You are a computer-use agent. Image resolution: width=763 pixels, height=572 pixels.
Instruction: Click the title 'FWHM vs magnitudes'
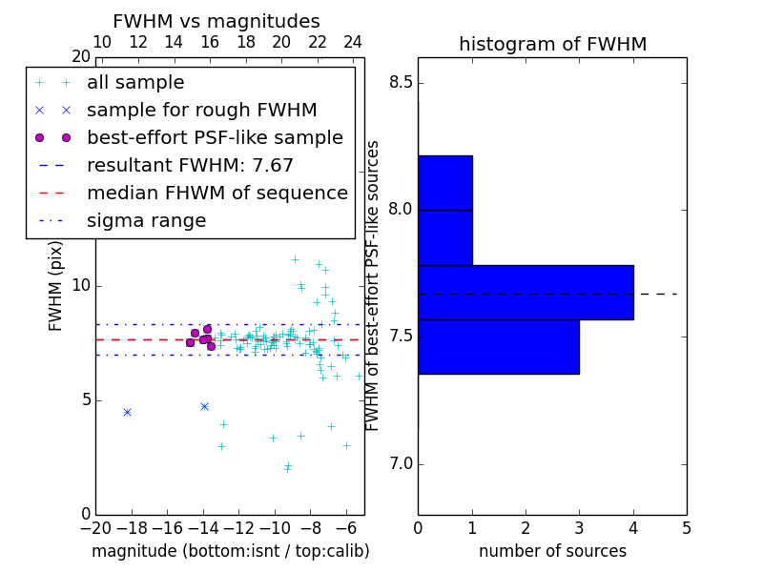(217, 21)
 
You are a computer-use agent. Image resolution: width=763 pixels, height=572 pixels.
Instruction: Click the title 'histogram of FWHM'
(552, 44)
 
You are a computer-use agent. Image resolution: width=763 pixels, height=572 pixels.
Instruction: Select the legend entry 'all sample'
(135, 83)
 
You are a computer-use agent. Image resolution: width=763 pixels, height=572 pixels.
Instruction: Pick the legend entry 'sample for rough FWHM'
(201, 111)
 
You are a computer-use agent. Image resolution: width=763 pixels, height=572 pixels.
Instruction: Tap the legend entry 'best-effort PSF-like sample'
(215, 138)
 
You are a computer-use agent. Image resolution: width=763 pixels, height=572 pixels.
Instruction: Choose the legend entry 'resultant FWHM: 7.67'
(190, 166)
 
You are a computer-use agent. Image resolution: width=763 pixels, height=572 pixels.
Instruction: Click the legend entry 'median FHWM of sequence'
(217, 194)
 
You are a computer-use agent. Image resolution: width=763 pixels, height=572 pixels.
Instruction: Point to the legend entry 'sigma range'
(146, 221)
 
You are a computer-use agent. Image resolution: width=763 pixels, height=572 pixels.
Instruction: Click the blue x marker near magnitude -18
(127, 412)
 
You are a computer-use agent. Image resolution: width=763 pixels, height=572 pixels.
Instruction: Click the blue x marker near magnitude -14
(204, 406)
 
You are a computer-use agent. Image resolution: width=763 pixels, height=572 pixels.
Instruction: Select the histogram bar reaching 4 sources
(526, 292)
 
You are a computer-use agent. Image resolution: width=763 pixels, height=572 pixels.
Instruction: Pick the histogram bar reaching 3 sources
(498, 346)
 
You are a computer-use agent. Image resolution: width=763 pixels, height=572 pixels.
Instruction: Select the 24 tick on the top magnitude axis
(353, 42)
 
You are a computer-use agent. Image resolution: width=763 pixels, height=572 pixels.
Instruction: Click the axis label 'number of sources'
(552, 551)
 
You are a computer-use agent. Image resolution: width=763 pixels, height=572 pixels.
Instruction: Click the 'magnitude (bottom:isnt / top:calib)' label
(230, 551)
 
